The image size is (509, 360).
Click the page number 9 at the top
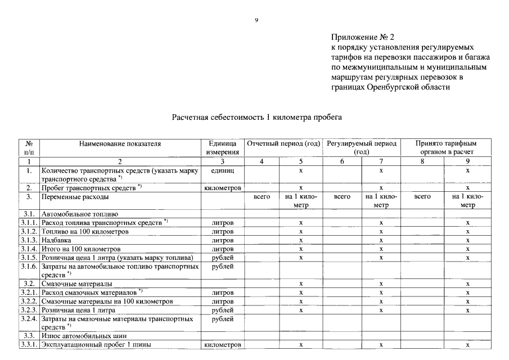[x=256, y=20]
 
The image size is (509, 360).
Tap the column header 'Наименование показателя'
[x=120, y=143]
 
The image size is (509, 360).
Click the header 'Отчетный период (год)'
[x=283, y=143]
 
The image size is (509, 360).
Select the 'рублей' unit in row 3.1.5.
[x=222, y=257]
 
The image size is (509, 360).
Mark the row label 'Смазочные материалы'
[x=76, y=283]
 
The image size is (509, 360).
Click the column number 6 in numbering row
[x=342, y=161]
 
